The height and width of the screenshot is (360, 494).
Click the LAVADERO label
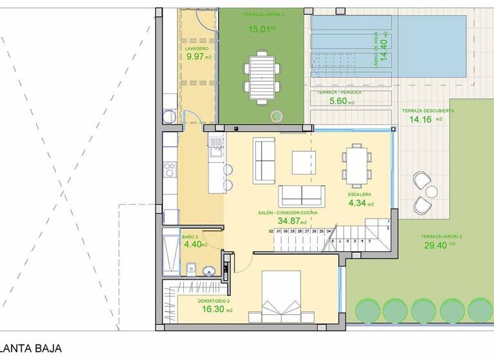point(196,48)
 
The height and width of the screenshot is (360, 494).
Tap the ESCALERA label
point(360,194)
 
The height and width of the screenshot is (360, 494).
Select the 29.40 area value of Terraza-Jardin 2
point(437,245)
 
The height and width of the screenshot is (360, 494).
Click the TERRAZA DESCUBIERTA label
point(428,111)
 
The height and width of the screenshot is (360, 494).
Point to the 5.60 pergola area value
point(338,102)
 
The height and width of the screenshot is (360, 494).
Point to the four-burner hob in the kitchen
point(170,169)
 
